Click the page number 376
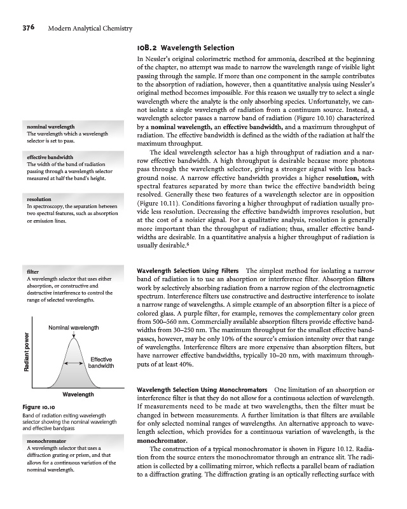tap(32, 29)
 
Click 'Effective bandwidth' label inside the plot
tap(100, 363)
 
